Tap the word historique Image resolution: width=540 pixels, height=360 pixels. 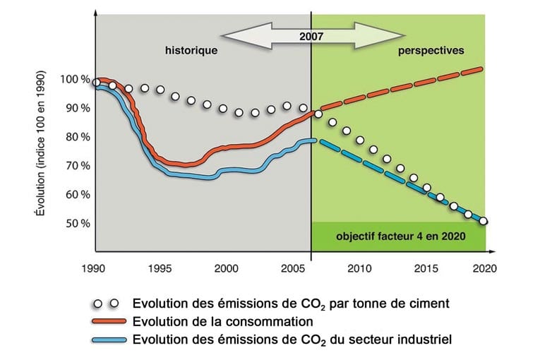tap(191, 52)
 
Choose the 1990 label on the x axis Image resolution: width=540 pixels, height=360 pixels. tap(95, 268)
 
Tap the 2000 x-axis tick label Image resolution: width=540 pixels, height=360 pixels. tap(227, 268)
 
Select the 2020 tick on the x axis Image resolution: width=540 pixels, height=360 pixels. tap(485, 268)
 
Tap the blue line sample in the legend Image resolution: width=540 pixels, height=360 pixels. tap(109, 340)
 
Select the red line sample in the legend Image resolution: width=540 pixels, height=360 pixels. tap(109, 322)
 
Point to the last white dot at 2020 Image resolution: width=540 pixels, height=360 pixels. tap(484, 221)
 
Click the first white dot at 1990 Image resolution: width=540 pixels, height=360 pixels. tap(97, 83)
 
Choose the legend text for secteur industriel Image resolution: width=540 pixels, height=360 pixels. tap(292, 340)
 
